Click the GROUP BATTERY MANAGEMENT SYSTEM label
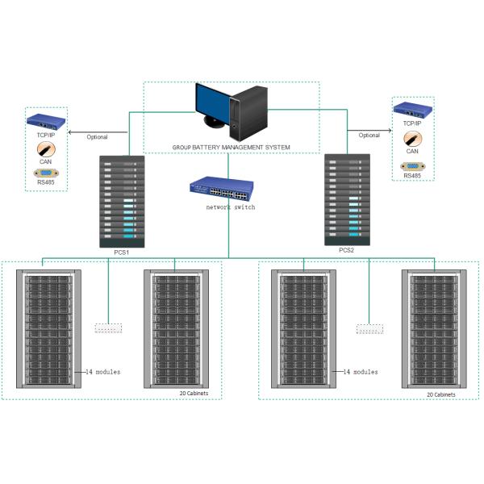231,148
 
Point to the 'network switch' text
231,208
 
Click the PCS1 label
122,252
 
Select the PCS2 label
347,250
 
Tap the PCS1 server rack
123,201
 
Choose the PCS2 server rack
348,198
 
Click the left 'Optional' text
97,136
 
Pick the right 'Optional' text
369,135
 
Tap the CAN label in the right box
411,150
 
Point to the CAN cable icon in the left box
46,149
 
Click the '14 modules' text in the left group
102,372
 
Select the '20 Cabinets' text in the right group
441,394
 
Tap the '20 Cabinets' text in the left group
194,394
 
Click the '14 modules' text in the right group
360,372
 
